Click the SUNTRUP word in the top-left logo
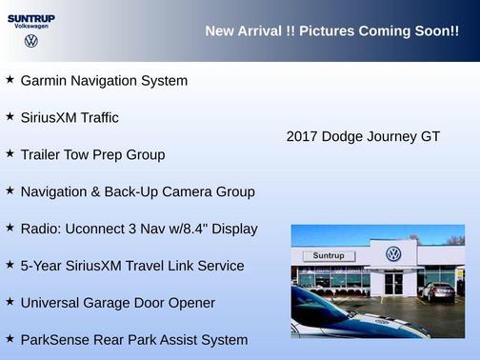coord(30,17)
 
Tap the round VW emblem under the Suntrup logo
coord(31,41)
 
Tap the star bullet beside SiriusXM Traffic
coord(10,117)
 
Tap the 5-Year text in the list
coord(43,266)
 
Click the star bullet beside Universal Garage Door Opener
coord(10,303)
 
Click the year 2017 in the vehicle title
coord(302,136)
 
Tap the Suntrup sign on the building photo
coord(328,255)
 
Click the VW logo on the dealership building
coord(393,254)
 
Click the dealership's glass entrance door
coord(393,283)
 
